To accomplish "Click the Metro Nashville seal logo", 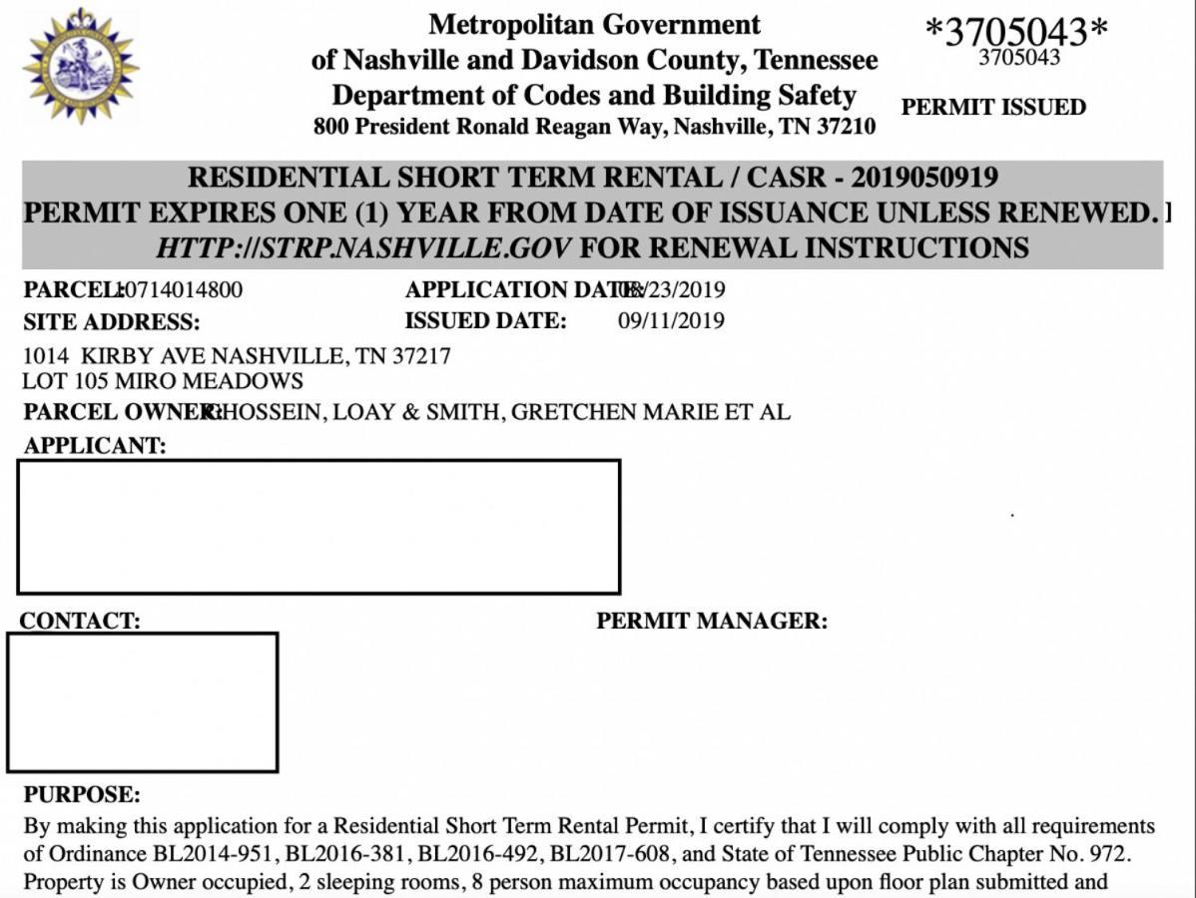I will pos(81,65).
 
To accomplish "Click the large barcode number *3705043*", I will pos(1016,31).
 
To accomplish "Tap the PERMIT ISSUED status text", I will pos(993,108).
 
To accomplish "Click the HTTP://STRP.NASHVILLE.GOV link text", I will pos(363,247).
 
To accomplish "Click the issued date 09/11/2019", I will pos(671,321).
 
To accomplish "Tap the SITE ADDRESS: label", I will pos(111,322).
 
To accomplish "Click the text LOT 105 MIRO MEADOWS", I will pos(163,380).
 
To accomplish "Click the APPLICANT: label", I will pos(95,446).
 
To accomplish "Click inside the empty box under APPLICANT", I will pos(318,527).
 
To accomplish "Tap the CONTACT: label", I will pos(80,621).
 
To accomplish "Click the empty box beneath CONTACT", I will pos(142,702).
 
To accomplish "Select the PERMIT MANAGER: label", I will pos(712,621).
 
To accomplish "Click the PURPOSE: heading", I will pos(82,795).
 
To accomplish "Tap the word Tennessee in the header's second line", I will pos(816,60).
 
